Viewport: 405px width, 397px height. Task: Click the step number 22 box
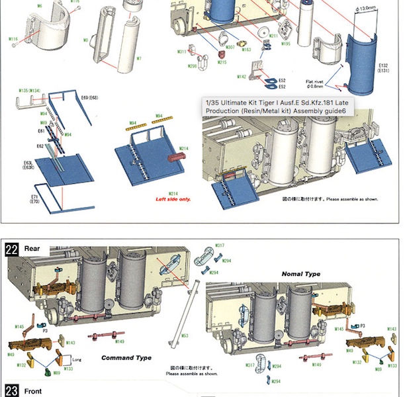tap(12, 249)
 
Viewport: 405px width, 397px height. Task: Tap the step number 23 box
tap(12, 390)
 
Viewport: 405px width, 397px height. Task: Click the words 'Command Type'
tap(126, 357)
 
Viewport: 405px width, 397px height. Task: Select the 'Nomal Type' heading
tap(300, 273)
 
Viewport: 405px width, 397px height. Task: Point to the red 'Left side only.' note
tap(173, 198)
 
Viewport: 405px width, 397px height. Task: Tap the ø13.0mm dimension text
tap(366, 8)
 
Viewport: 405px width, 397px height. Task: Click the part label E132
tap(384, 66)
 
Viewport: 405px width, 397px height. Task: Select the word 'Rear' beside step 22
tap(32, 249)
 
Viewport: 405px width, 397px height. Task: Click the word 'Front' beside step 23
tap(34, 391)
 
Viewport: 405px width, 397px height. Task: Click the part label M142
tap(242, 77)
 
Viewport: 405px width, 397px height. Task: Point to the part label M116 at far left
tap(13, 39)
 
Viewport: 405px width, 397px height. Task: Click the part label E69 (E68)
tap(89, 98)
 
